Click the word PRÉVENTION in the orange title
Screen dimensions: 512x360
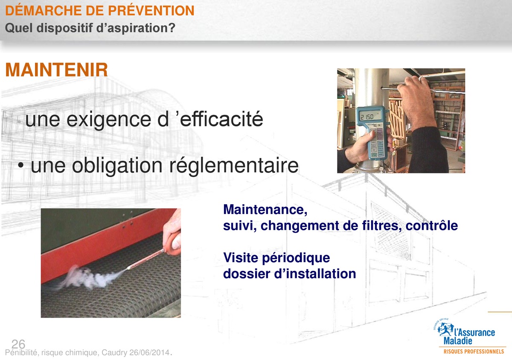(151, 10)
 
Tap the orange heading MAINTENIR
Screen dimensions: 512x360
(56, 70)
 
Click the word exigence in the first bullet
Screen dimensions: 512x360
(108, 120)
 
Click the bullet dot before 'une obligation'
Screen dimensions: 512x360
(21, 166)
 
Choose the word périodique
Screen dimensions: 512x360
(296, 258)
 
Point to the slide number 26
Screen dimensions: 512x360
(18, 344)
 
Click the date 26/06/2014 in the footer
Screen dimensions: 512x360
(149, 352)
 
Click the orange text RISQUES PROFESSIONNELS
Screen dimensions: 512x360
(474, 351)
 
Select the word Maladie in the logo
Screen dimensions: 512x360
(458, 341)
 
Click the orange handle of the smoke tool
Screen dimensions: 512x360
(173, 243)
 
